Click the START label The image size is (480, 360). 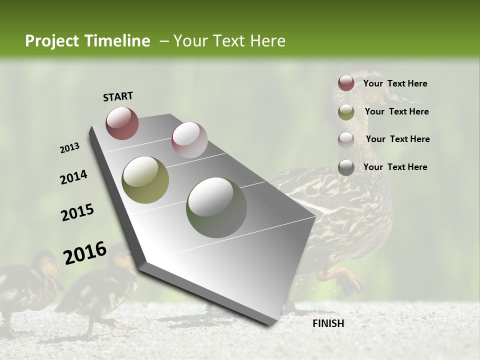pos(118,96)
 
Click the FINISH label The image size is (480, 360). pos(328,323)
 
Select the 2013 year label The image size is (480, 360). pos(70,148)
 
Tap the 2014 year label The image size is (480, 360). pos(73,177)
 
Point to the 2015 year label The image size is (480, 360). pos(77,212)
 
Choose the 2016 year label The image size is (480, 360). pos(85,252)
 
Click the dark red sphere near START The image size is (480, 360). pos(122,123)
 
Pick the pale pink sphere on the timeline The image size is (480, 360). pos(189,140)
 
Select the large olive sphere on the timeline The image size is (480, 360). pos(145,180)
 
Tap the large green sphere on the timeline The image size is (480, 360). pos(216,207)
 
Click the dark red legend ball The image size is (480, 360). pos(346,83)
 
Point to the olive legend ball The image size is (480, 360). pos(346,112)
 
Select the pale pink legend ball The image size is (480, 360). pos(346,140)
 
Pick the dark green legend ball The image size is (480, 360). pos(346,167)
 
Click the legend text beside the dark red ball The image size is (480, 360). pos(395,83)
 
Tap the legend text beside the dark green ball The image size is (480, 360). pos(395,167)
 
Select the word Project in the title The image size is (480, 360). pos(52,41)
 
